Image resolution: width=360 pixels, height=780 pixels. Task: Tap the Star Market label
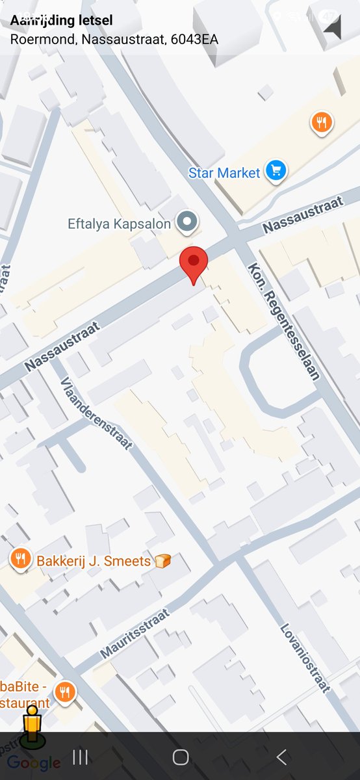pos(224,173)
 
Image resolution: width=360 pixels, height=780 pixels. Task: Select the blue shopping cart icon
pos(277,172)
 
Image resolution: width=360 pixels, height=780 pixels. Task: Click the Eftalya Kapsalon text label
pos(119,224)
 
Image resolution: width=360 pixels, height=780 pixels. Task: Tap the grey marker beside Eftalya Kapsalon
pos(188,222)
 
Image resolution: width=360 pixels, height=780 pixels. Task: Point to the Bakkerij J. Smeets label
pos(94,560)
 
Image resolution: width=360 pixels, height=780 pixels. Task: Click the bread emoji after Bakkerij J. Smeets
pos(162,560)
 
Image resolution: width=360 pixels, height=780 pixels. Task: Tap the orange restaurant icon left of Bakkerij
pos(21,558)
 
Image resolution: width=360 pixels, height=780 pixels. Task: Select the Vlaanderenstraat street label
pos(97,413)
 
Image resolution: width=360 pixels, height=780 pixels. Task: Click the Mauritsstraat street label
pos(135,634)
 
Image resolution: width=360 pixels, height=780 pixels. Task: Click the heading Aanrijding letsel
pos(61,21)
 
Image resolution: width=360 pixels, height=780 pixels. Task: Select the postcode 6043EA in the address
pos(194,39)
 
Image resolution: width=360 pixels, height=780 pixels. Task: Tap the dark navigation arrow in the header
pos(333,28)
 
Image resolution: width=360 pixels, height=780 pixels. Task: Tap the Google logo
pos(34,763)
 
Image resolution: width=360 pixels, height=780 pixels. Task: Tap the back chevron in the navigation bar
pos(281,757)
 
